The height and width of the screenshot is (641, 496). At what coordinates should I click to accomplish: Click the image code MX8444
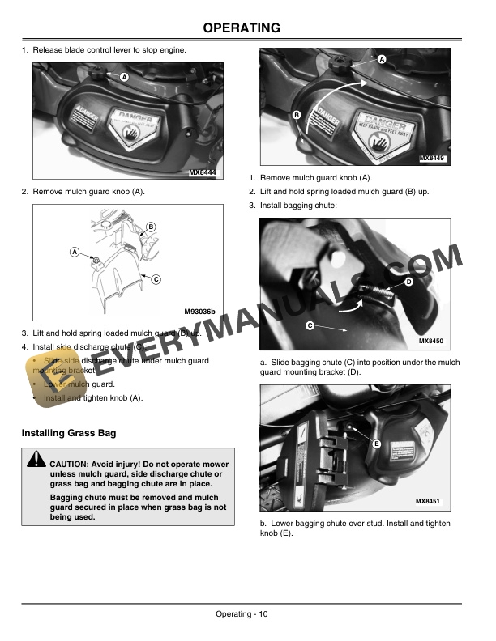pyautogui.click(x=207, y=173)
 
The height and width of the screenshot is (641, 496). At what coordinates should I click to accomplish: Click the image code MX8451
pyautogui.click(x=431, y=502)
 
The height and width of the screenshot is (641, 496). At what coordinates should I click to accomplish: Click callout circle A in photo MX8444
pyautogui.click(x=124, y=76)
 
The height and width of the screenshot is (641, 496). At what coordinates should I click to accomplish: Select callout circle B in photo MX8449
pyautogui.click(x=297, y=116)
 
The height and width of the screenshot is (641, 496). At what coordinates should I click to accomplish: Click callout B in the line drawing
pyautogui.click(x=152, y=226)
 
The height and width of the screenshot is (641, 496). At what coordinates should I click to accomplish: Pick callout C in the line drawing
pyautogui.click(x=156, y=279)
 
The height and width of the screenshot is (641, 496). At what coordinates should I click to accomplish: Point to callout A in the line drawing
pyautogui.click(x=75, y=252)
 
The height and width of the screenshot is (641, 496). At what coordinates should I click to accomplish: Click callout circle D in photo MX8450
pyautogui.click(x=408, y=282)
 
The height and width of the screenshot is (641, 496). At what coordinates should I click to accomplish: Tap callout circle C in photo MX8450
pyautogui.click(x=310, y=325)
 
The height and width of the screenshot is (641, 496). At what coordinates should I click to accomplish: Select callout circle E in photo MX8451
pyautogui.click(x=377, y=445)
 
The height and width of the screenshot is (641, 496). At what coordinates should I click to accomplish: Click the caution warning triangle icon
pyautogui.click(x=36, y=461)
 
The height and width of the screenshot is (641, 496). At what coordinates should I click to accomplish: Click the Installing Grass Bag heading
pyautogui.click(x=69, y=433)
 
